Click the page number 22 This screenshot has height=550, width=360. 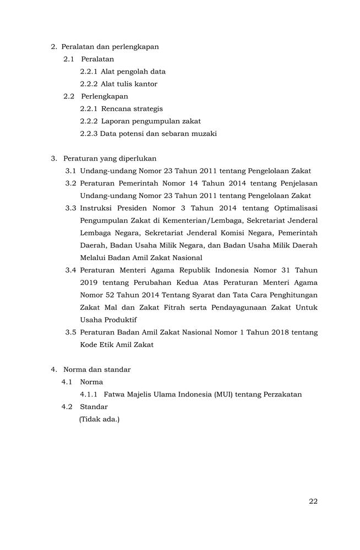click(x=313, y=501)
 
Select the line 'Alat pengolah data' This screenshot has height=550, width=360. click(x=133, y=71)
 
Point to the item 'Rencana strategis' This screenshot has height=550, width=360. click(x=132, y=109)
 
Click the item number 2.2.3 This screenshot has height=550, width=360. click(x=89, y=134)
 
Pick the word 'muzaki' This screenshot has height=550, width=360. click(x=204, y=134)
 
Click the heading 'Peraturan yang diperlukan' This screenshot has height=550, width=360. click(x=110, y=158)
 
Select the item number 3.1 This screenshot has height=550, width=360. click(x=70, y=171)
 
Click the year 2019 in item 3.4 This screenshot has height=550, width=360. click(x=89, y=283)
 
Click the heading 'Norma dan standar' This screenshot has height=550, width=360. click(x=97, y=370)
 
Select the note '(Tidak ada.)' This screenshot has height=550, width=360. click(x=99, y=419)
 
